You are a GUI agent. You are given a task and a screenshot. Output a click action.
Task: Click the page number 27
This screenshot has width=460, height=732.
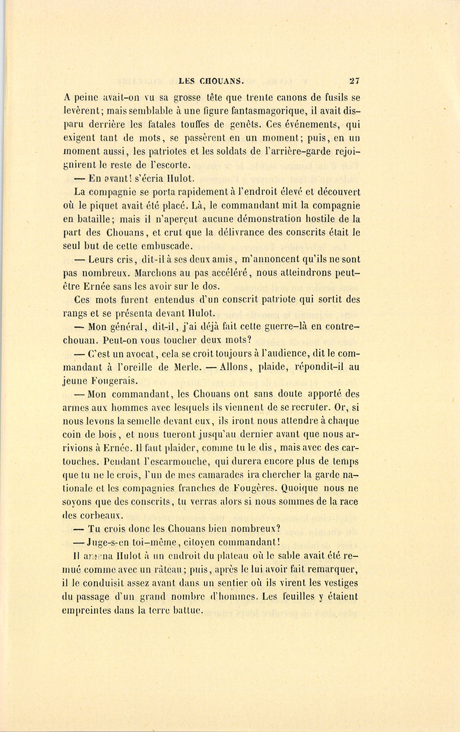(x=355, y=80)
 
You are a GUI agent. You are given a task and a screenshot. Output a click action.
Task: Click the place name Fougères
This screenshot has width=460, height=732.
(x=261, y=488)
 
